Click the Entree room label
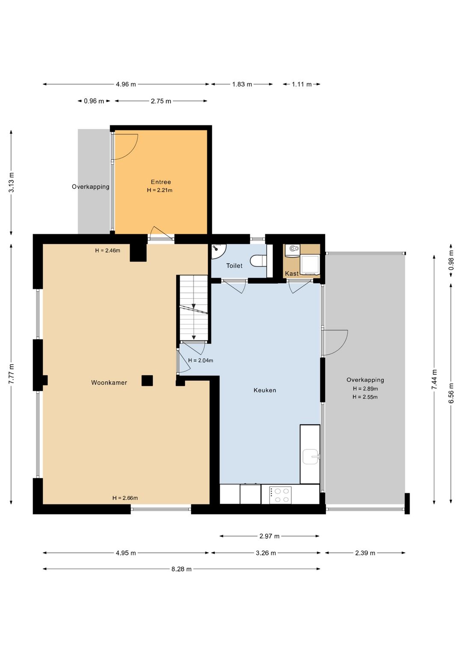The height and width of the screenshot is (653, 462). (160, 182)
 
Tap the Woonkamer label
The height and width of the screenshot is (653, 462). (109, 383)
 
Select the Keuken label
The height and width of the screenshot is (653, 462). (265, 390)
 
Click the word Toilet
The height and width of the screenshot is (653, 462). (234, 266)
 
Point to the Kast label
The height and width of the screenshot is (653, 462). (292, 273)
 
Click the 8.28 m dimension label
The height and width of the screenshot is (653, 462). (181, 569)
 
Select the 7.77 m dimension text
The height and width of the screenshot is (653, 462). (11, 374)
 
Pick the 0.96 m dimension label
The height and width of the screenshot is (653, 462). (94, 101)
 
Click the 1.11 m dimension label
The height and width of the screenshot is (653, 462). (302, 84)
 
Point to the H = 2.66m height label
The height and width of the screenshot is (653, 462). (125, 498)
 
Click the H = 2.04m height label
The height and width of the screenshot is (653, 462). (201, 360)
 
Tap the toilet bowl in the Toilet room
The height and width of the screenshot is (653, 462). (258, 261)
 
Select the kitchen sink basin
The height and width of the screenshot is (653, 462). (311, 457)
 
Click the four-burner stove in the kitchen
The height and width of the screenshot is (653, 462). (280, 495)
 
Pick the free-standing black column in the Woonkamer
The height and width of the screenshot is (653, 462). (147, 380)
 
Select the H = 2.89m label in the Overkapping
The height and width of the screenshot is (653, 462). (365, 389)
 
